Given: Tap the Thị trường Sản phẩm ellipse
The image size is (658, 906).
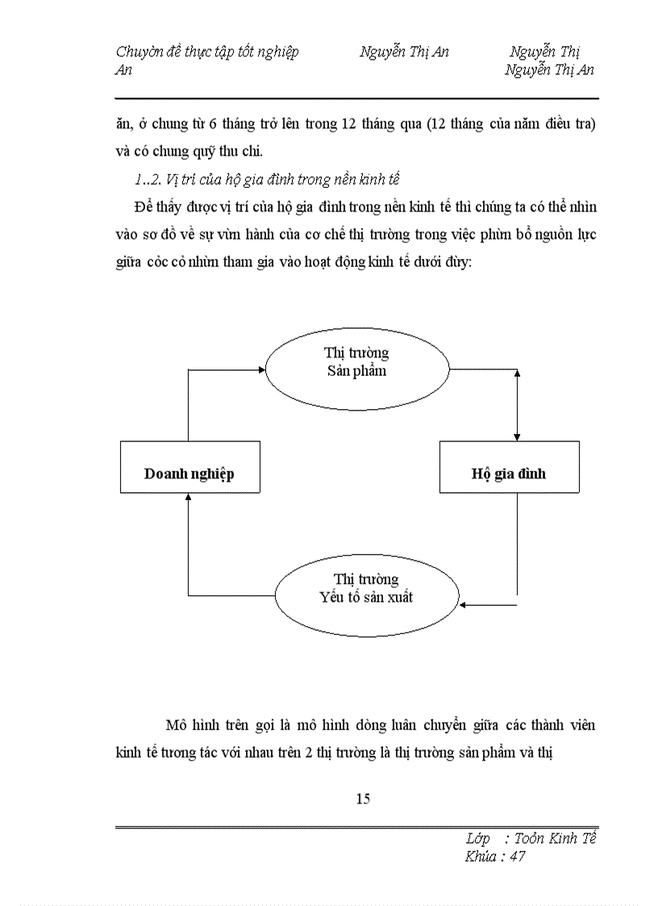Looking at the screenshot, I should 357,362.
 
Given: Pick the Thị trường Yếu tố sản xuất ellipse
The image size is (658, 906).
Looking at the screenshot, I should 367,588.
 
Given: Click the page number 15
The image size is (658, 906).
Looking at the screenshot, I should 362,799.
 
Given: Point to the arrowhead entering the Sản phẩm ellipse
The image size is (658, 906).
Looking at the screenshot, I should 262,369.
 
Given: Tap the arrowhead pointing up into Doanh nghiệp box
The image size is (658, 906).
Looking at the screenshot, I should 188,498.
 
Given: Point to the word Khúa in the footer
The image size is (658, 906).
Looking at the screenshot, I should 481,857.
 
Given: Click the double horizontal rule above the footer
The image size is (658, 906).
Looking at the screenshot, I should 356,827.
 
